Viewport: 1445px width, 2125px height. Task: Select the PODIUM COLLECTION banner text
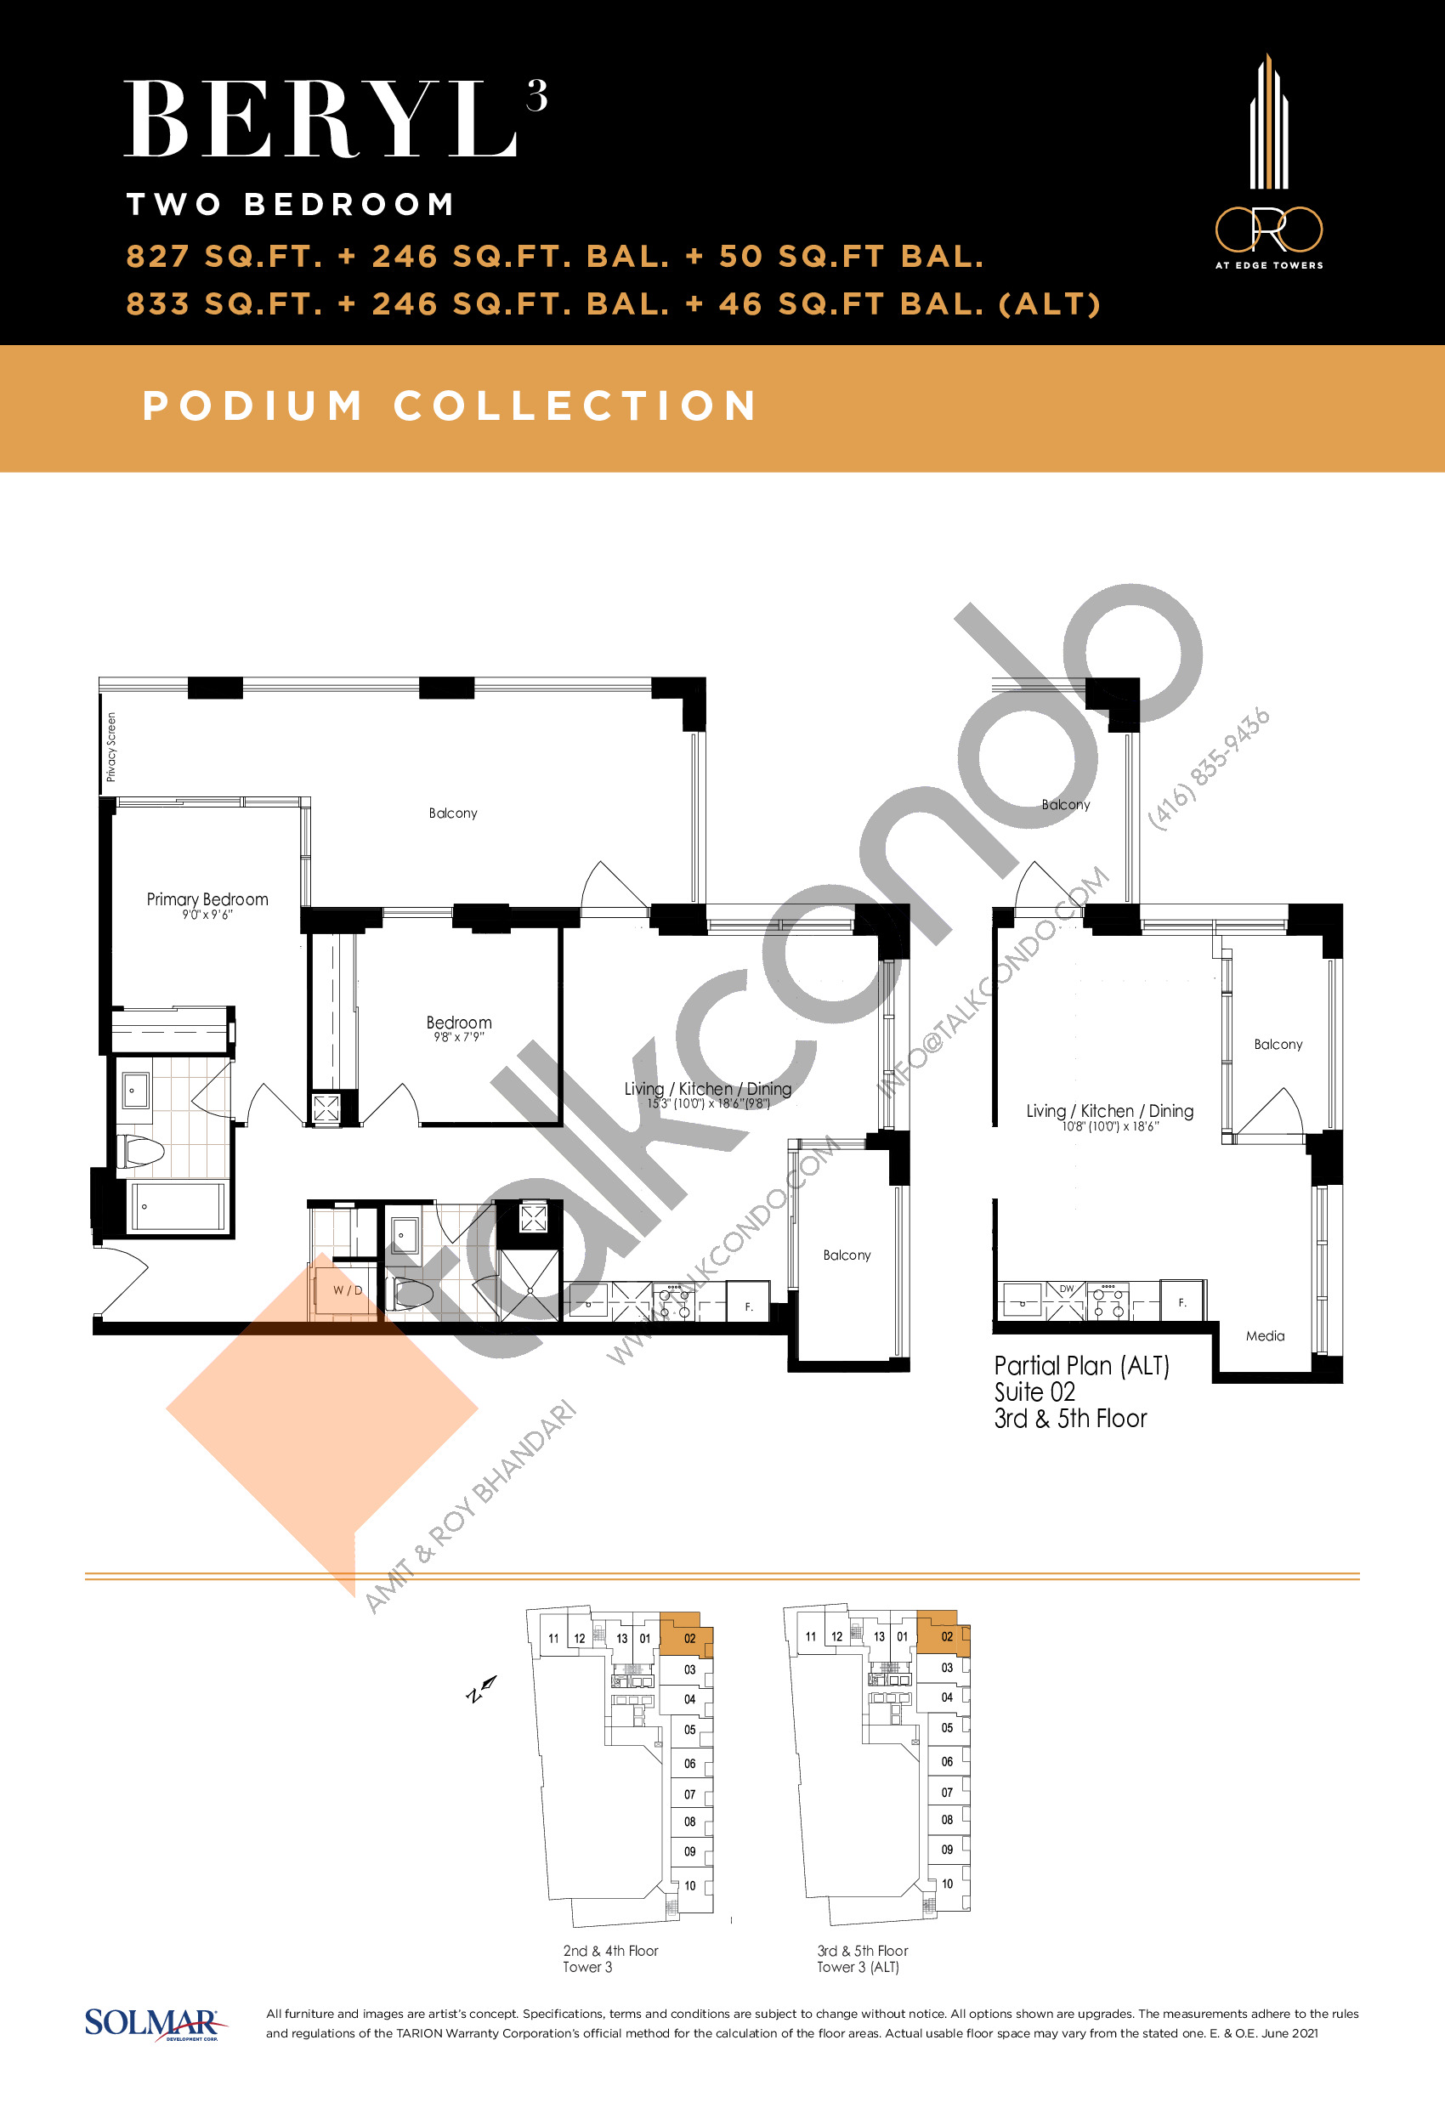click(x=450, y=406)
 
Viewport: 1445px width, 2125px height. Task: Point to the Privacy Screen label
click(x=111, y=747)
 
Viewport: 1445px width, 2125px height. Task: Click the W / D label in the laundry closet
click(x=348, y=1290)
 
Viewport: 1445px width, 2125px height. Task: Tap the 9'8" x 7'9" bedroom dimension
click(x=459, y=1037)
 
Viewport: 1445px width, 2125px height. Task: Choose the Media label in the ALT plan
click(x=1265, y=1336)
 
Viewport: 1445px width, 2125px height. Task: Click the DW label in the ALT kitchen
click(x=1067, y=1289)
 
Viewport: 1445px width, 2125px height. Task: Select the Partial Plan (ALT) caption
click(x=1082, y=1366)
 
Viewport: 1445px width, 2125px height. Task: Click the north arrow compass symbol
click(x=481, y=1689)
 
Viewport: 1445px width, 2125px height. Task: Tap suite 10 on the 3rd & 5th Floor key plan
click(x=948, y=1884)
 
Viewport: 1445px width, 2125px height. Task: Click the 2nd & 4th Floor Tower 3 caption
click(x=610, y=1958)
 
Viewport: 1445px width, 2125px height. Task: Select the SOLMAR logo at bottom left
click(x=154, y=2024)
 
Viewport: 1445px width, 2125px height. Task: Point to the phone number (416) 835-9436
click(x=1209, y=769)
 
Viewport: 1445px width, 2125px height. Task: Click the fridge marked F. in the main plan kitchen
click(x=748, y=1302)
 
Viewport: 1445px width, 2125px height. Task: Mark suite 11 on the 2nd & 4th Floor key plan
click(x=553, y=1639)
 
